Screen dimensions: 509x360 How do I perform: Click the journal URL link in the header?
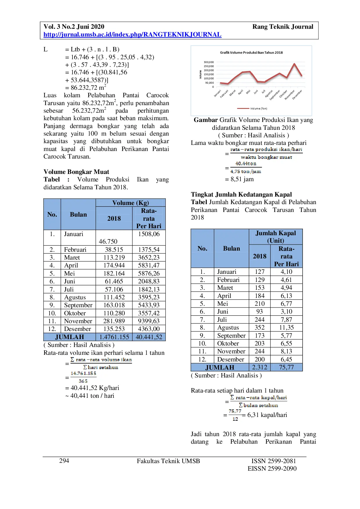(132, 35)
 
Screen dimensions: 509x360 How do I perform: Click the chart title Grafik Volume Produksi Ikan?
(251, 53)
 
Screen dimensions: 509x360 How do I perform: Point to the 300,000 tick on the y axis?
(209, 62)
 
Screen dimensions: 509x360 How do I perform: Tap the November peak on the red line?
(294, 64)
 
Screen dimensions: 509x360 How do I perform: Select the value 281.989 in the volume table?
(114, 321)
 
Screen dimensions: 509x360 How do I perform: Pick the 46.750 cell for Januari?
(108, 241)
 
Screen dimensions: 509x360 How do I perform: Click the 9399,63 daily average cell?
(149, 321)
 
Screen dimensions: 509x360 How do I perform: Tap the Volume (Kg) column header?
(131, 203)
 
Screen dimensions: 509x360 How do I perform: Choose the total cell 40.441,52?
(149, 337)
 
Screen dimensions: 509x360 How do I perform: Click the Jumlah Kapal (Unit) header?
(276, 237)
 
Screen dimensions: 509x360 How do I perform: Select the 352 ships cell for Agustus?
(260, 328)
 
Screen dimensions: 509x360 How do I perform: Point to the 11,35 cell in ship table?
(286, 328)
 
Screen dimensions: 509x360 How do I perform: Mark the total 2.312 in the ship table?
(260, 367)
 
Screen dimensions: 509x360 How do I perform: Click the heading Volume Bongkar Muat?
(76, 172)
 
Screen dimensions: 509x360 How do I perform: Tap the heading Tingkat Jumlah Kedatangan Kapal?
(241, 195)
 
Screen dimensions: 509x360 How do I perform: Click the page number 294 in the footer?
(64, 461)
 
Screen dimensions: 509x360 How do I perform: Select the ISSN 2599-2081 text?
(274, 461)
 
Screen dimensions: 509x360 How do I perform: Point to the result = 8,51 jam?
(239, 179)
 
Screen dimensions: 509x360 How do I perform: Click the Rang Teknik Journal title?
(283, 27)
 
